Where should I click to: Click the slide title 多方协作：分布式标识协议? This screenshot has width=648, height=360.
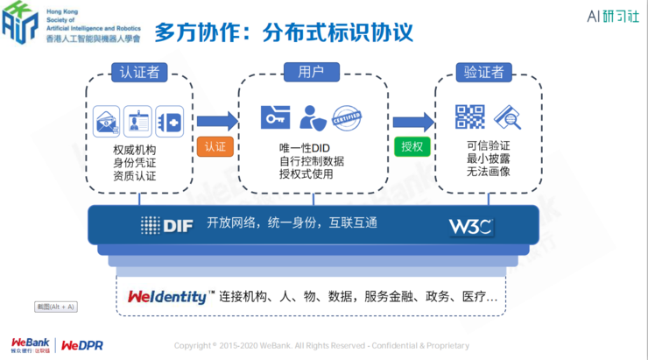tap(284, 32)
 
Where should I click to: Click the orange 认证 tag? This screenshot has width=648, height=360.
tap(215, 146)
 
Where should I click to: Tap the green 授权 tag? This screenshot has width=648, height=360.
tap(412, 146)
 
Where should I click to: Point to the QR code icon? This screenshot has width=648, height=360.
tap(469, 116)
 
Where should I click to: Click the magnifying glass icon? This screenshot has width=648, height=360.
tap(507, 117)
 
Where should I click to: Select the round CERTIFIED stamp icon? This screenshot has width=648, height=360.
tap(347, 117)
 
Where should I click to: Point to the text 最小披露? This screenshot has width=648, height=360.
tap(489, 159)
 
